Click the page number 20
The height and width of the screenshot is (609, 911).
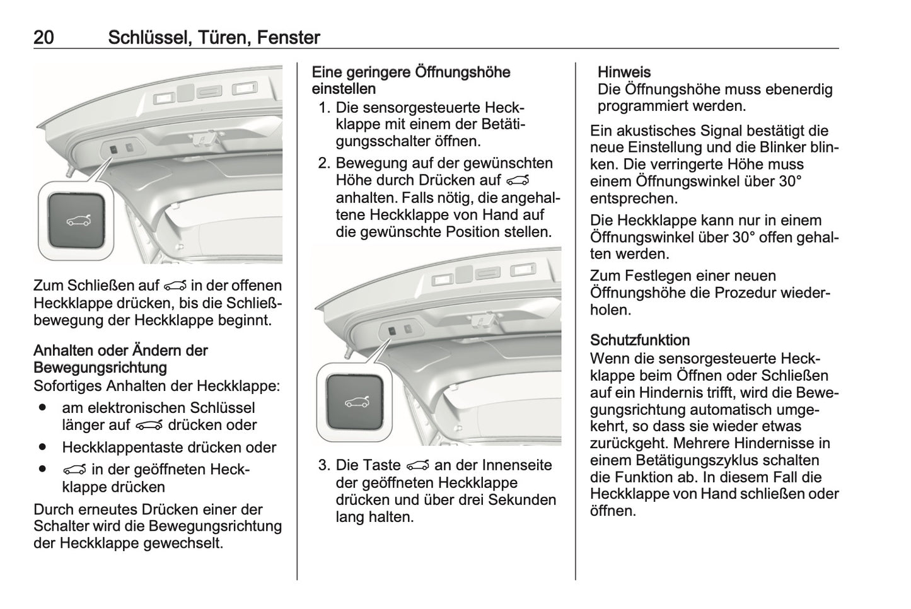(44, 38)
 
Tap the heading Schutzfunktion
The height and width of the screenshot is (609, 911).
(639, 340)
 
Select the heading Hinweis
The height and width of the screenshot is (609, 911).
(624, 72)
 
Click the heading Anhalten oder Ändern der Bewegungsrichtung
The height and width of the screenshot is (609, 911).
(120, 359)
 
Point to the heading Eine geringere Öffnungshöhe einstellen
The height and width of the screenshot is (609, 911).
(410, 81)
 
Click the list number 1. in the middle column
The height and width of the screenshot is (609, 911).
(323, 108)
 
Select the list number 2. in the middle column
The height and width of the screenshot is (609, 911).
(323, 163)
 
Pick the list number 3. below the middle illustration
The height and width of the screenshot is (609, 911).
(323, 465)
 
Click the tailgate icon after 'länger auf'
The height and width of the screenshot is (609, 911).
(147, 426)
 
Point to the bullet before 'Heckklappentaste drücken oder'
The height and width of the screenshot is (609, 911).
(42, 447)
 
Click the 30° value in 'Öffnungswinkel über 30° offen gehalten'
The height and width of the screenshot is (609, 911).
(746, 238)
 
